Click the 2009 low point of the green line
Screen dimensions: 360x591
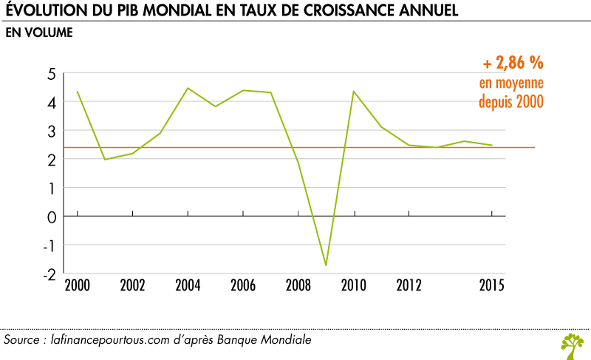tap(326, 265)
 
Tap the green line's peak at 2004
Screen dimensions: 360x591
tap(188, 88)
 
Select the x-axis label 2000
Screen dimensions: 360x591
tap(78, 285)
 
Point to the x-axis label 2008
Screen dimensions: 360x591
tap(298, 285)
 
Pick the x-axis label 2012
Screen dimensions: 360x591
tap(409, 285)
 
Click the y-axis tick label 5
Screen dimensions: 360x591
tap(52, 74)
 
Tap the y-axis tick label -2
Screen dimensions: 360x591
tap(49, 274)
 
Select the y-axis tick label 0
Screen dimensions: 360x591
tap(52, 217)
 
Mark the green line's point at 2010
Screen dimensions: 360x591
tap(354, 91)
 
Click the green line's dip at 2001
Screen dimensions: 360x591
tap(105, 159)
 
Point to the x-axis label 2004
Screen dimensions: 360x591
tap(188, 285)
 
